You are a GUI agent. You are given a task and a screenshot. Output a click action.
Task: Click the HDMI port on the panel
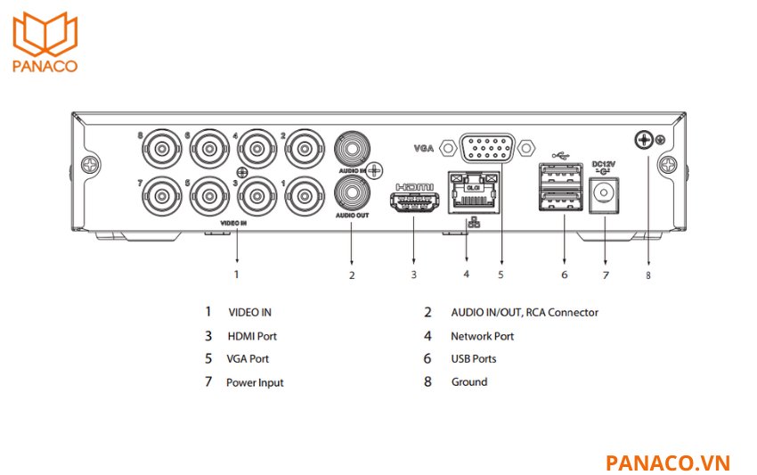tap(413, 201)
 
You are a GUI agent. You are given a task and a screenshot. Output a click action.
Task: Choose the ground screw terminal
tap(643, 139)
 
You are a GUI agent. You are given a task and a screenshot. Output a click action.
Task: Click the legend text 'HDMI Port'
tap(252, 336)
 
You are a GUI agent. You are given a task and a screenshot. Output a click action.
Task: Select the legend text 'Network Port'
tap(482, 336)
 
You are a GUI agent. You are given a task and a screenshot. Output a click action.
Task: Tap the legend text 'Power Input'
tap(255, 382)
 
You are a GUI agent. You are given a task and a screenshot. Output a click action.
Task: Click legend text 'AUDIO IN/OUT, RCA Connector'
tap(524, 313)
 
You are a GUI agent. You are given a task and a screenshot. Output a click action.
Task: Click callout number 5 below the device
tap(501, 275)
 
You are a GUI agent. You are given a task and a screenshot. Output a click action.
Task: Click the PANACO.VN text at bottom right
tap(667, 463)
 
